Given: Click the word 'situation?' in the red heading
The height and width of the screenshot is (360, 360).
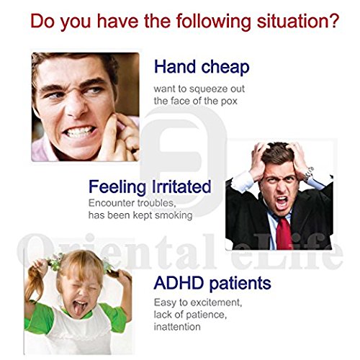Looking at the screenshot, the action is coord(298,21).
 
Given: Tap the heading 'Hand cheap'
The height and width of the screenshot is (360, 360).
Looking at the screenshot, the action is coord(202,67).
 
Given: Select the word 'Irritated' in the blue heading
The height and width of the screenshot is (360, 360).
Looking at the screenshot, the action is coord(181,186).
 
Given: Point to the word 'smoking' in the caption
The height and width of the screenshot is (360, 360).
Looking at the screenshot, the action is coord(174,215).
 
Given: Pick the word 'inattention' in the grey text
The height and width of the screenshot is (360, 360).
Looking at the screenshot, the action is coord(177,327).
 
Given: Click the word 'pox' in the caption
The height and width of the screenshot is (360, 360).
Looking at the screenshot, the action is coord(229,101).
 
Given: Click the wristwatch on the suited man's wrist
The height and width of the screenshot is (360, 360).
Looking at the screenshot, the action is coord(309,174).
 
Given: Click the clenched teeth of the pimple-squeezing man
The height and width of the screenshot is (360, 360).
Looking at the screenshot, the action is coord(79,132).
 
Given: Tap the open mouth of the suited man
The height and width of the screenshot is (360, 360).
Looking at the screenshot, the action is coord(282,202).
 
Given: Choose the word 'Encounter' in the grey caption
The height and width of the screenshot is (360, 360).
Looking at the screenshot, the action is coord(112,203).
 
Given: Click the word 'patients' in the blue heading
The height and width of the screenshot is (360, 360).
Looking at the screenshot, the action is coord(240,284).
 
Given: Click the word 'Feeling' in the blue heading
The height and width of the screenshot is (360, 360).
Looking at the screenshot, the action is coord(117,187).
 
